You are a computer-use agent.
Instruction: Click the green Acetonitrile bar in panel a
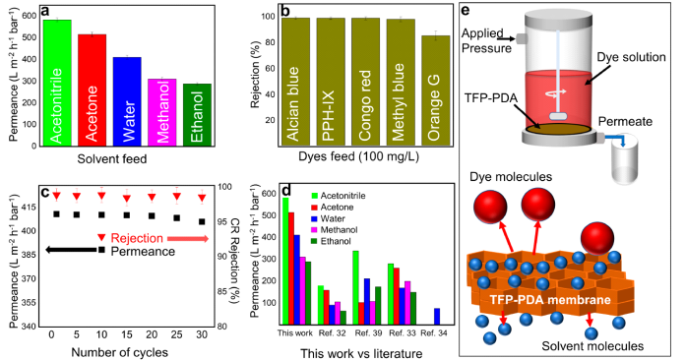pos(57,83)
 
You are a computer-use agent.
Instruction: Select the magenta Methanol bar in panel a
pos(162,112)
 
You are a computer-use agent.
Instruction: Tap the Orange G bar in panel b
pos(436,90)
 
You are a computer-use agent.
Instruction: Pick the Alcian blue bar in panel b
pos(296,82)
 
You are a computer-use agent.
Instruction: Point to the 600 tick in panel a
pos(30,16)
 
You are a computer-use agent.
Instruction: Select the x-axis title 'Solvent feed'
pos(112,159)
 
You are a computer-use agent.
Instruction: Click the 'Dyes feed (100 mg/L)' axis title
pos(358,156)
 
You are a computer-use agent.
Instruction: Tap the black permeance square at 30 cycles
pos(202,221)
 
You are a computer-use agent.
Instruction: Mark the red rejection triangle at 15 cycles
pos(127,199)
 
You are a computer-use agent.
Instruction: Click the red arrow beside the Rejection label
pos(188,239)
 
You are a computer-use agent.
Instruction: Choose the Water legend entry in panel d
pos(328,218)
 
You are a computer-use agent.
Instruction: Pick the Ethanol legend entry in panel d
pos(331,241)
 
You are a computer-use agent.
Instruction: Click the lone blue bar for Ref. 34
pos(437,316)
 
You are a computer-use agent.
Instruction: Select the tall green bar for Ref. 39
pos(355,287)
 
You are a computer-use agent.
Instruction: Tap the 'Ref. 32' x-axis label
pos(333,333)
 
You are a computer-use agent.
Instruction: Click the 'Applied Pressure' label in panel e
pos(486,40)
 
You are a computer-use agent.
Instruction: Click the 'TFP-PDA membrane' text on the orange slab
pos(549,300)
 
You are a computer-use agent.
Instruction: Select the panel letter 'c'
pos(44,193)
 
